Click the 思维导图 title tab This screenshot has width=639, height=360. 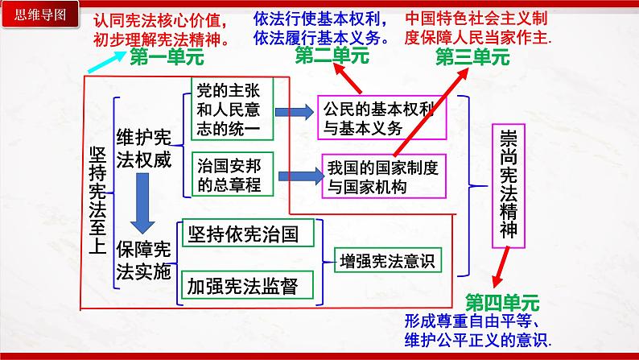[x=31, y=12]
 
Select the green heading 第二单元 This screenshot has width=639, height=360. [x=332, y=55]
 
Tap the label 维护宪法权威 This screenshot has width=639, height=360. [x=144, y=147]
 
